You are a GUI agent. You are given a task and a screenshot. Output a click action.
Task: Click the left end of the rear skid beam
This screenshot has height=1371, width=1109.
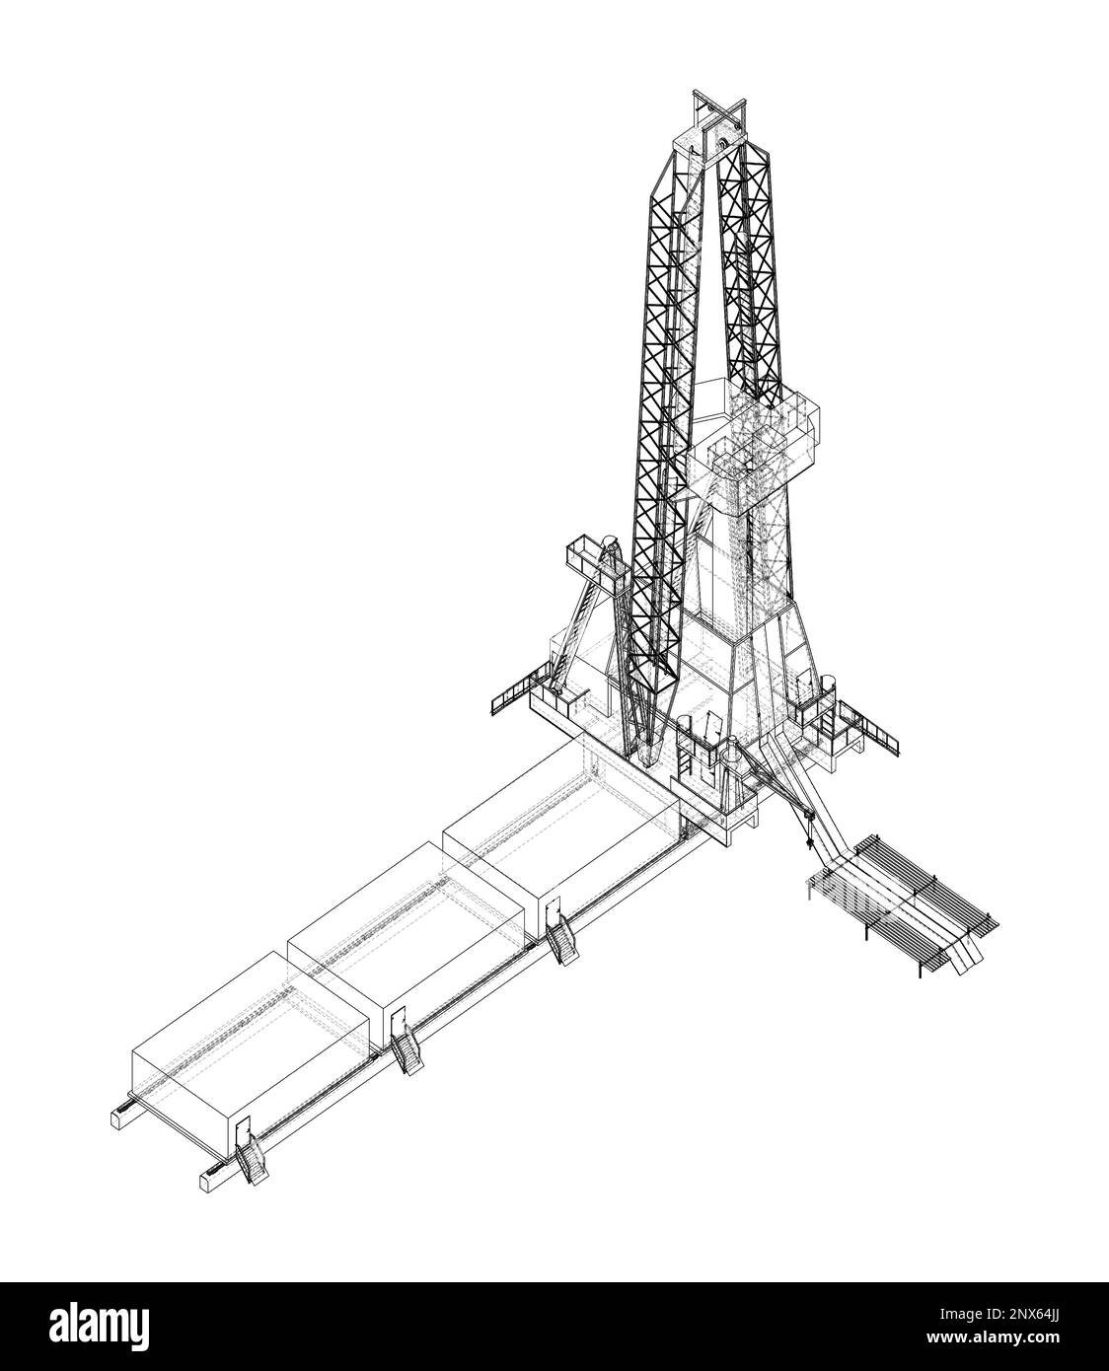point(117,1118)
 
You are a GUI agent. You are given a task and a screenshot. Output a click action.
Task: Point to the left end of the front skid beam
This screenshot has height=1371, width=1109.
point(209,1178)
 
